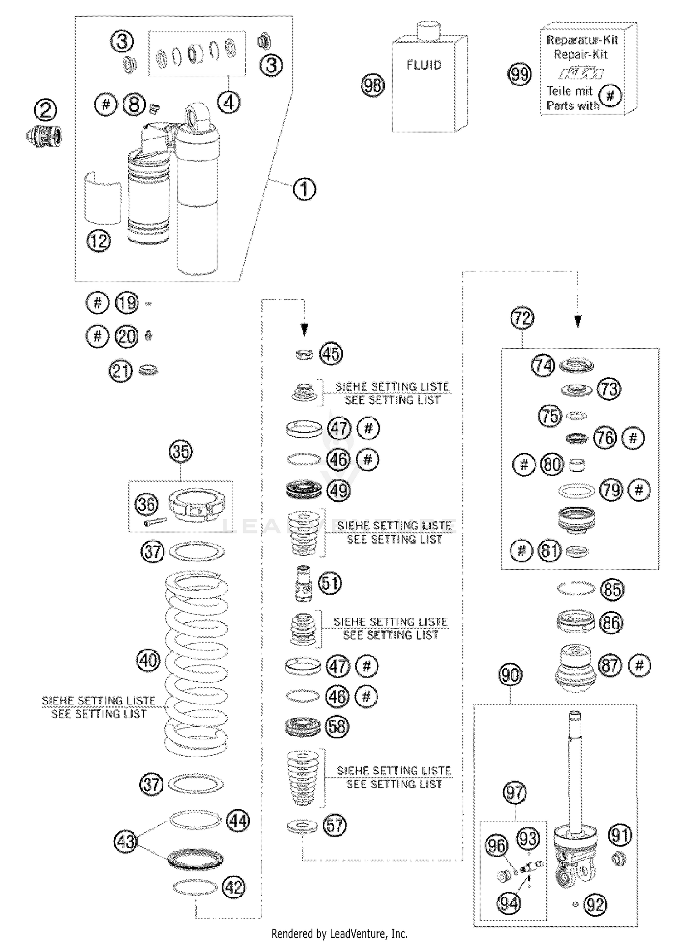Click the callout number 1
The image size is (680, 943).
pos(304,189)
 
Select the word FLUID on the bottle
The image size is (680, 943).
pos(424,65)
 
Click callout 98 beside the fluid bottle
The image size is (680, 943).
pos(373,85)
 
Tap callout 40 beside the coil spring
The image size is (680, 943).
pos(149,660)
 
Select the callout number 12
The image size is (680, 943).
pos(98,241)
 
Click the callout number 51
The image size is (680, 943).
pos(330,583)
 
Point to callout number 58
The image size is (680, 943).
pos(336,727)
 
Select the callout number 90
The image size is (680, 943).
pos(510,675)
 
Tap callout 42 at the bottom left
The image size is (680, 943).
pos(234,887)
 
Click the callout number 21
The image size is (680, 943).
pos(121,371)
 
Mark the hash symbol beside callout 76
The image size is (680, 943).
pos(633,438)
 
